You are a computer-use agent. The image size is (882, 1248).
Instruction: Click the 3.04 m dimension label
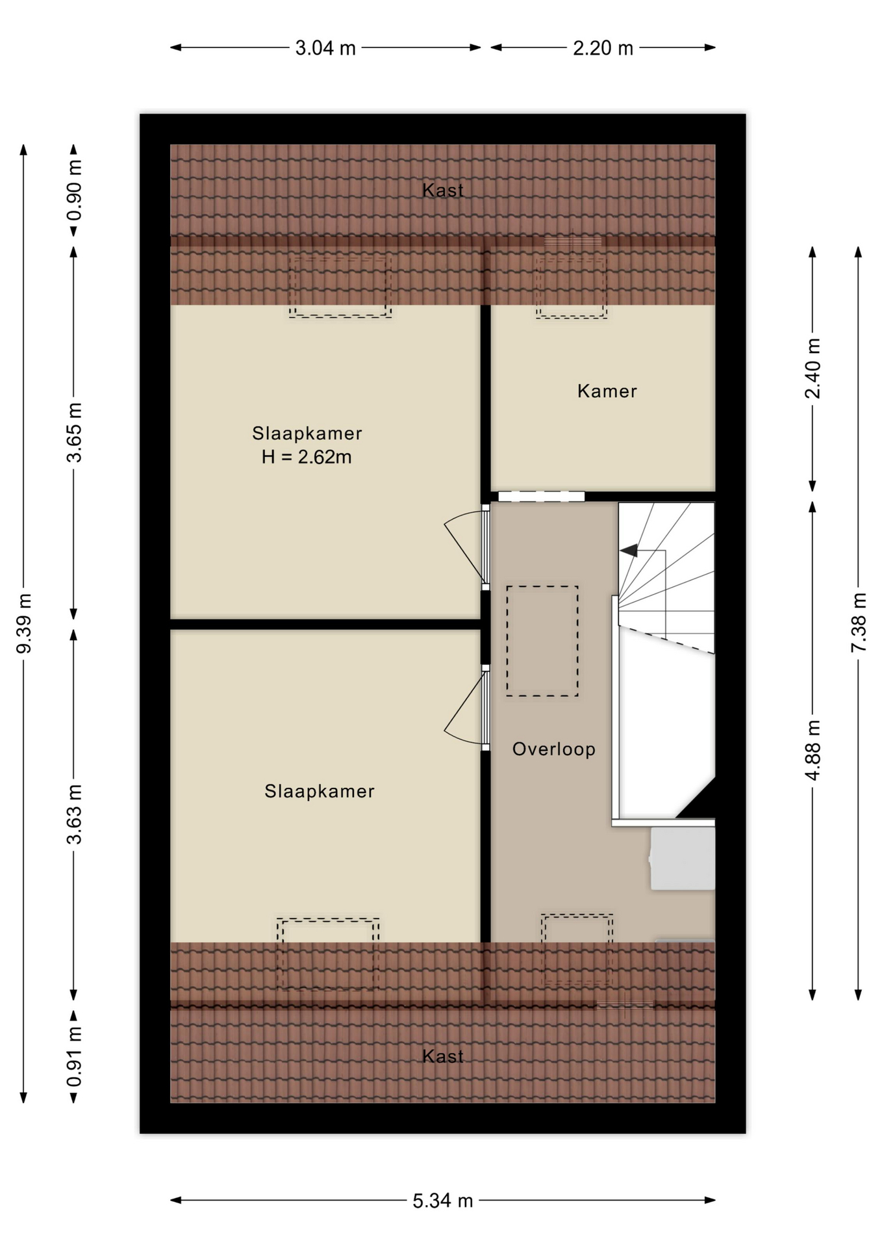coord(325,48)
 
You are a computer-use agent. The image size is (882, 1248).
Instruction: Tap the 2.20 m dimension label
coord(603,48)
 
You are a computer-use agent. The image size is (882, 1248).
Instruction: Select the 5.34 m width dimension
coord(443,1201)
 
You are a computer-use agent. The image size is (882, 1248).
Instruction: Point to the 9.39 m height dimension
coord(24,623)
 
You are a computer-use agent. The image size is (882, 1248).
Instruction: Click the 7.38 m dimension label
coord(859,622)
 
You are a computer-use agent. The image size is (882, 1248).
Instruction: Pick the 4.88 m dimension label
coord(813,749)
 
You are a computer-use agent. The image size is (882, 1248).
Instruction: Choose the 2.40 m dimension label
coord(813,369)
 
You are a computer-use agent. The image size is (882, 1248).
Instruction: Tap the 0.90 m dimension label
coord(74,191)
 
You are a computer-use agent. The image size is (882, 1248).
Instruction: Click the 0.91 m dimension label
coord(74,1056)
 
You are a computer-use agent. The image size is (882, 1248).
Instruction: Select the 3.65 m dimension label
coord(74,432)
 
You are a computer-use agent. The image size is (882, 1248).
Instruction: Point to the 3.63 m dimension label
coord(74,814)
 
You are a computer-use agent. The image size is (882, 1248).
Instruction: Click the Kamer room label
coord(607,391)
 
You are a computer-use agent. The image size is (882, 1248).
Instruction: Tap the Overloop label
coord(554,749)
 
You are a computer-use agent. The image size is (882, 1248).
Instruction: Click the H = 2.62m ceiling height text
coord(307,458)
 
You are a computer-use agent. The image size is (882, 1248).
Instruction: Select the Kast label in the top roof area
coord(443,190)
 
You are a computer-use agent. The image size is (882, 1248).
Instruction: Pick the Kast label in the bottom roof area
coord(443,1056)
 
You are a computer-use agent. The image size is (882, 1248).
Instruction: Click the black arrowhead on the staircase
coord(629,551)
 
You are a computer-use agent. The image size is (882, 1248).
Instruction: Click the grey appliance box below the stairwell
coord(683,859)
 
